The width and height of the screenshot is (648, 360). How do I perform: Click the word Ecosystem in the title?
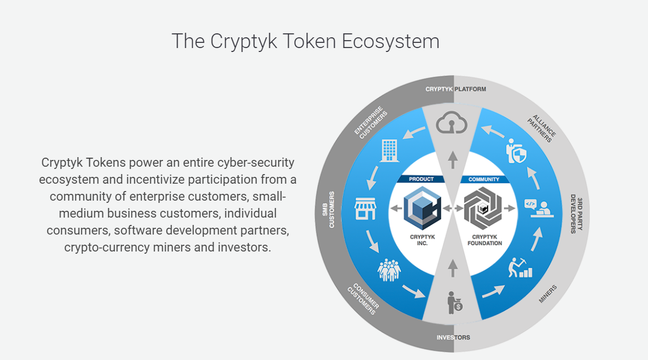tap(391, 42)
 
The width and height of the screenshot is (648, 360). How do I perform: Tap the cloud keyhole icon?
tap(452, 123)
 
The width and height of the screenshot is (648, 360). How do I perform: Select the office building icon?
tap(389, 150)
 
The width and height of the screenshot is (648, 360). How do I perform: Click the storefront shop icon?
tap(365, 209)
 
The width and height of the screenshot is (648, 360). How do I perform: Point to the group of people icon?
tap(389, 270)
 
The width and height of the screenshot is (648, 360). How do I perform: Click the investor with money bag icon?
tap(455, 302)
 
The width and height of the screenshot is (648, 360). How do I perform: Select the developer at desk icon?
tap(539, 208)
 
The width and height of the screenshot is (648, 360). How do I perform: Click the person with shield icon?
tap(516, 151)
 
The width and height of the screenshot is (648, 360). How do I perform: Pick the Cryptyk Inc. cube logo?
tap(422, 209)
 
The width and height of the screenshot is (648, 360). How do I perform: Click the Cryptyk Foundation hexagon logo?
tap(483, 209)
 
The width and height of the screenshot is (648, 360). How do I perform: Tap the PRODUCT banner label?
tap(421, 179)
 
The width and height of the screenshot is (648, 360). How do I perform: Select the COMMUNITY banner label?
tap(484, 179)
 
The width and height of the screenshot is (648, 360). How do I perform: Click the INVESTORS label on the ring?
tap(453, 337)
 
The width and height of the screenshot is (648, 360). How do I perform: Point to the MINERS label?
tap(548, 294)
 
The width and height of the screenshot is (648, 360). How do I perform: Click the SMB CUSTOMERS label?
tap(329, 210)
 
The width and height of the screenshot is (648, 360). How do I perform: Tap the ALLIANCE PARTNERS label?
tap(542, 128)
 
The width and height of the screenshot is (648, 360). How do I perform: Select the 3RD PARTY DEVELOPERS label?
tap(577, 214)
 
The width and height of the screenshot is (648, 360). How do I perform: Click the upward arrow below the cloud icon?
tap(453, 160)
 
